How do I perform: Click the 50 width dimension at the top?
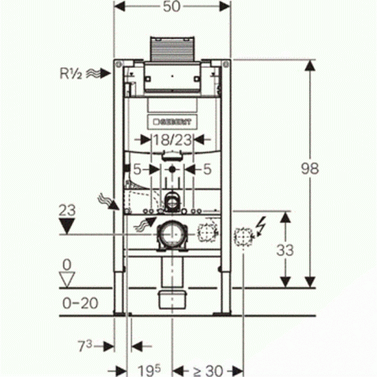[x=171, y=6]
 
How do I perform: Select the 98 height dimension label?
[x=310, y=169]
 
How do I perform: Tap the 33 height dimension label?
[x=285, y=250]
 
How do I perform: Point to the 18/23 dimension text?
[x=172, y=140]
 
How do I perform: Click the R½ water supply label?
[x=71, y=73]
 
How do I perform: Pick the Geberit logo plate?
[x=172, y=122]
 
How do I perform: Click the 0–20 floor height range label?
[x=80, y=304]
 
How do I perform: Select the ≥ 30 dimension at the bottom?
[x=208, y=371]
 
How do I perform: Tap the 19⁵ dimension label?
[x=149, y=371]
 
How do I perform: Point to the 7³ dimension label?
[x=85, y=346]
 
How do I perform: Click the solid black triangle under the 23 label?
[x=67, y=226]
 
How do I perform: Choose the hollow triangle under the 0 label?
[x=67, y=280]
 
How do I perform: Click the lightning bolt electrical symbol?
[x=261, y=226]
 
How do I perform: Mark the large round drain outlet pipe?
[x=171, y=234]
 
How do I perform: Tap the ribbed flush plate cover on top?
[x=172, y=49]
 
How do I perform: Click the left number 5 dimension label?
[x=137, y=169]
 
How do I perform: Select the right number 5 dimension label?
[x=207, y=169]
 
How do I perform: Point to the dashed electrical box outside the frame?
[x=243, y=237]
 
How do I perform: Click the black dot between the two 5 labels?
[x=172, y=169]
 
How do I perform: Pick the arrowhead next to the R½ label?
[x=106, y=73]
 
